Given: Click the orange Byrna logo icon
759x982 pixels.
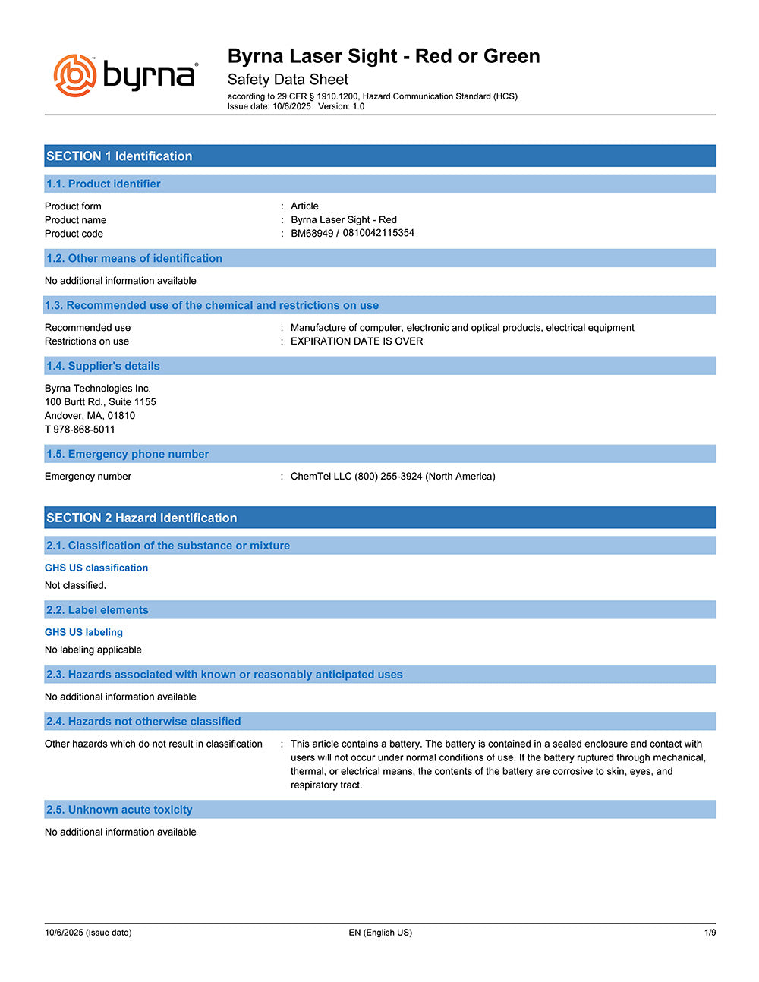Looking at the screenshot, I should point(74,76).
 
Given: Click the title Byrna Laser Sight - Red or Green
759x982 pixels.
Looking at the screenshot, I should point(383,56).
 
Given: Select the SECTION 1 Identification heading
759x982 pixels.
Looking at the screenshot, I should point(119,156).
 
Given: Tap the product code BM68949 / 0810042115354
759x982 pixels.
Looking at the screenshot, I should point(352,233).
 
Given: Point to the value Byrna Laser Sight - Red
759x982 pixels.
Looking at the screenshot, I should point(343,219).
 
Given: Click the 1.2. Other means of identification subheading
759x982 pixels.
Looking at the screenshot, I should point(134,258).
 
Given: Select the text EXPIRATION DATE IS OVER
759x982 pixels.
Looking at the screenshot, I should point(357,341).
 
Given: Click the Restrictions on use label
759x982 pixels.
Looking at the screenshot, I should point(87,341).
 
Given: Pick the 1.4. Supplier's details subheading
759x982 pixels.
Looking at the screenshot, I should point(103,366).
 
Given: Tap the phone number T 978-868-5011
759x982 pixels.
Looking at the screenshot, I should point(80,430).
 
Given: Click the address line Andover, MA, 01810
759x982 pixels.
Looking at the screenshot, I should point(90,416).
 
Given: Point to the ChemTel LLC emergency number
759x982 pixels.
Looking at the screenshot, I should point(392,477).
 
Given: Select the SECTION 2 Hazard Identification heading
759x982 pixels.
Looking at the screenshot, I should point(142,518).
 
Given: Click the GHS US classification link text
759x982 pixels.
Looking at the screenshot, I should point(96,568).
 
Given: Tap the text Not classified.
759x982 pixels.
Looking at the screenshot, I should point(75,585).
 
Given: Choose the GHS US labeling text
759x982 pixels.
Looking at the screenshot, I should point(83,632).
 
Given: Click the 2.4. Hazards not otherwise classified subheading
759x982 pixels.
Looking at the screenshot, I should point(143,722).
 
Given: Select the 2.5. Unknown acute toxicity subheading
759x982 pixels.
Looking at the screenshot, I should point(119,810).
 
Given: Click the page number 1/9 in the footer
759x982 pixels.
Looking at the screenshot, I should point(710,933).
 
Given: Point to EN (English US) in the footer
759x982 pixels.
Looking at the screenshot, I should point(380,933).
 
